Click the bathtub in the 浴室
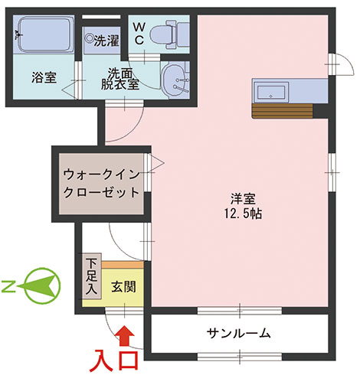tap(44, 34)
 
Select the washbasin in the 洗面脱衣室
tap(175, 79)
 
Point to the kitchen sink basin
tap(270, 92)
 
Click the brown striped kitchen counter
tap(282, 111)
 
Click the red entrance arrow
tap(125, 335)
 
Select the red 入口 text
tap(114, 361)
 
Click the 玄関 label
tap(123, 287)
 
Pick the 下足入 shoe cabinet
tap(92, 276)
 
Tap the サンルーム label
tap(238, 334)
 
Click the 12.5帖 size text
tap(243, 214)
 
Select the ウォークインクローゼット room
tap(101, 184)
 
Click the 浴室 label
tap(44, 77)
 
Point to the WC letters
tap(139, 34)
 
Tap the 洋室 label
tap(243, 199)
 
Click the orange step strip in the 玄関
tap(123, 265)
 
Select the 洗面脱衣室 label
tap(120, 79)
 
